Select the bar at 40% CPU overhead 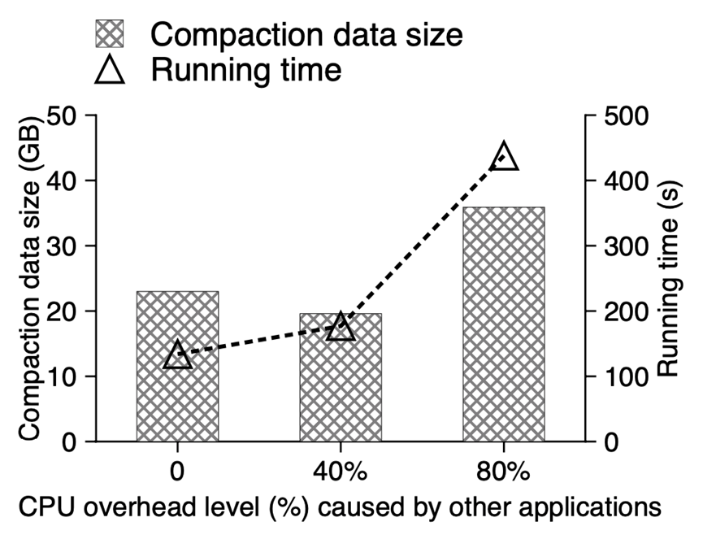(x=340, y=390)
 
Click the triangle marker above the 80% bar (x=504, y=156)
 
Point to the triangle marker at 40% (x=341, y=328)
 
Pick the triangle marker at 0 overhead (x=177, y=355)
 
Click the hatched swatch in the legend (x=111, y=34)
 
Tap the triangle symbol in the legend (x=111, y=71)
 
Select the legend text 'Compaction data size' (x=306, y=34)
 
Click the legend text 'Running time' (x=245, y=71)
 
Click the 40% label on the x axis (x=340, y=472)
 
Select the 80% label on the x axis (x=503, y=472)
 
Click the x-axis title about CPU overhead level (x=334, y=507)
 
